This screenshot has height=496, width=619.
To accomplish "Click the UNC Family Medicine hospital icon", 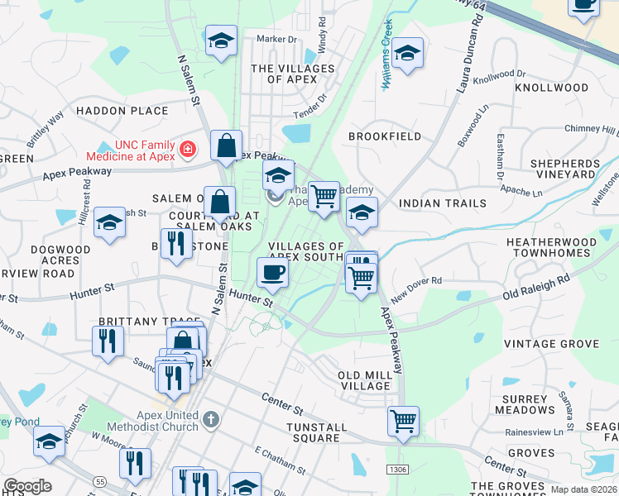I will point(189,150).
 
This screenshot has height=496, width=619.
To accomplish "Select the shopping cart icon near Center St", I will point(403,420).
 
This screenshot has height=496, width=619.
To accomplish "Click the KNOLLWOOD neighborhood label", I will point(552,88).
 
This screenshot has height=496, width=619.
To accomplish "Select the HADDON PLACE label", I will point(122,111).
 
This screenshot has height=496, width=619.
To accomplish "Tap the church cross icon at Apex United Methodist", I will point(211,419).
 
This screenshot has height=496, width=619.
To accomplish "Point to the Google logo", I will point(26,486).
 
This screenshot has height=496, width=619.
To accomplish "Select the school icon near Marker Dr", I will point(221,42).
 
